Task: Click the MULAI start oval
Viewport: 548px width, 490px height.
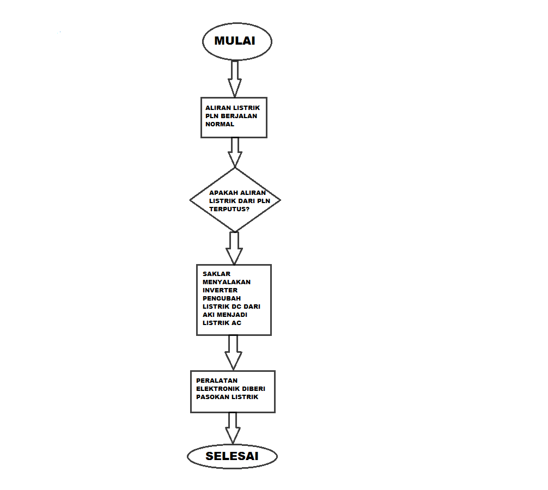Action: click(x=236, y=41)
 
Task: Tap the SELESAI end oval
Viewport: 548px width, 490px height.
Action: click(x=232, y=456)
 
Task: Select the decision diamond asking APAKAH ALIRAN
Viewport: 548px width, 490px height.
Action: click(x=235, y=200)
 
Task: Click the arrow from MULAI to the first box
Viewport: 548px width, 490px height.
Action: click(x=235, y=78)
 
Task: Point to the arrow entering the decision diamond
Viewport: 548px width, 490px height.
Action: click(x=235, y=152)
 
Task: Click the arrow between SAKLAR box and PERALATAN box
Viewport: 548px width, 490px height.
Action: click(x=234, y=352)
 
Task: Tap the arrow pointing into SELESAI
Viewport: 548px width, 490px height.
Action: click(x=233, y=427)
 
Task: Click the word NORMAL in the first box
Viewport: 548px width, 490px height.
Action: click(x=220, y=124)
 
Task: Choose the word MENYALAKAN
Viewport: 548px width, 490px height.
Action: click(x=227, y=282)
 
